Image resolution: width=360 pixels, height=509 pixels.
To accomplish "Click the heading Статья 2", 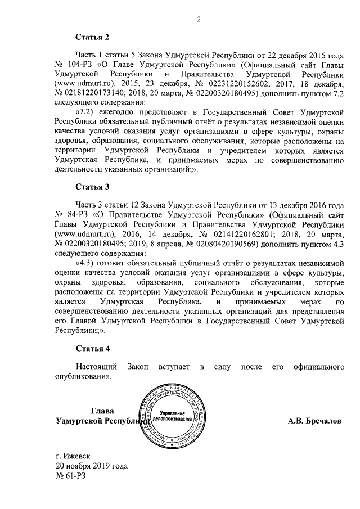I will (92, 38).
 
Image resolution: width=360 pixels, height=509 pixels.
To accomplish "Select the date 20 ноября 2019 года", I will (91, 466).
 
